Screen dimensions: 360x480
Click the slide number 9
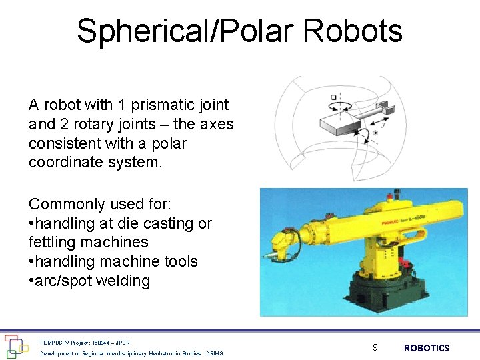click(x=375, y=347)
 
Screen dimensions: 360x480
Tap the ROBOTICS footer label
click(x=426, y=348)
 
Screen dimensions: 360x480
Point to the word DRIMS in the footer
click(x=214, y=353)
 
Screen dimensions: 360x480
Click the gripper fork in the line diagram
click(x=385, y=107)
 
